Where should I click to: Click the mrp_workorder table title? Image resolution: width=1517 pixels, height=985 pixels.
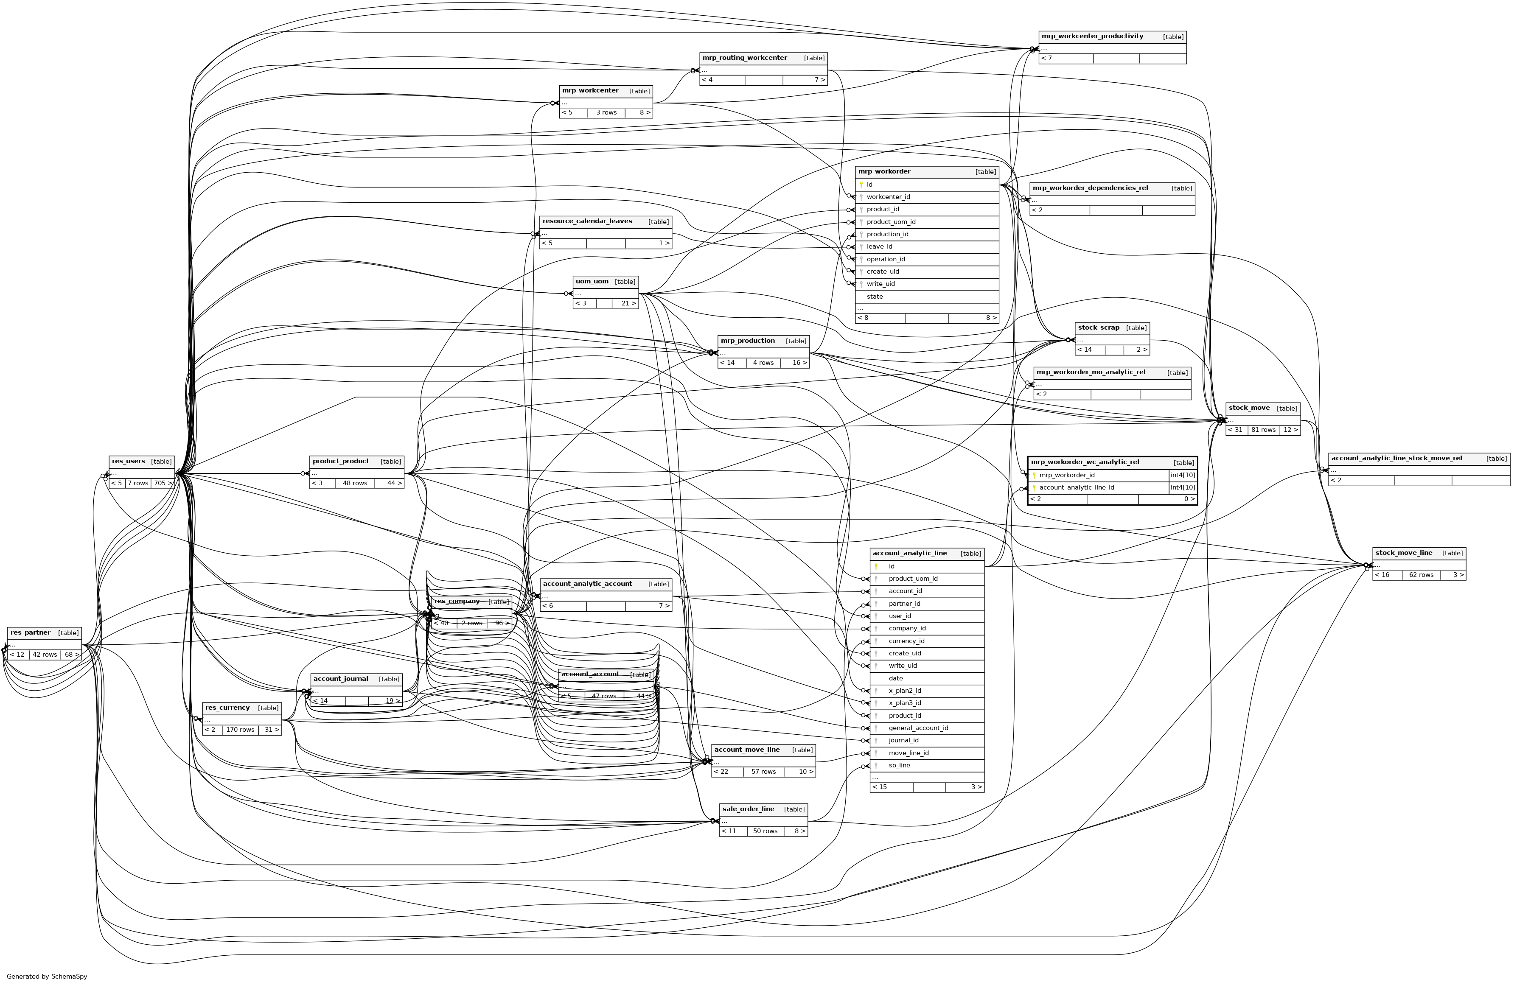(x=884, y=171)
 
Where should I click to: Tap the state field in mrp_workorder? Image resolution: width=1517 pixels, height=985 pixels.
(x=875, y=296)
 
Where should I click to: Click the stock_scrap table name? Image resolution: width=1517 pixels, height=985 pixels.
(x=1098, y=327)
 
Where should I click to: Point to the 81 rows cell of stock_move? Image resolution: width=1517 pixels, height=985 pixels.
(x=1263, y=430)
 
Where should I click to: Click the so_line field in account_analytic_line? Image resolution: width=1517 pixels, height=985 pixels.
(x=899, y=765)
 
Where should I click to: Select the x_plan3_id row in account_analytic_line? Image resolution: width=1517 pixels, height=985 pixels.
(x=904, y=703)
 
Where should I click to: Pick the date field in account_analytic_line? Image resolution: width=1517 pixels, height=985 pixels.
(x=895, y=678)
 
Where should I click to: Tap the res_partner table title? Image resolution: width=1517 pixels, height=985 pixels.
(x=31, y=632)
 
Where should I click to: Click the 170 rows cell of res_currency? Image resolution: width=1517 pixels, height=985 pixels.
(x=240, y=730)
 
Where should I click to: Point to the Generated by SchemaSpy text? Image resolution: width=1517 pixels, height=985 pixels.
(x=47, y=976)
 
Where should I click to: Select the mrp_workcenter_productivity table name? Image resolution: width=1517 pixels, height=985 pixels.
(x=1092, y=36)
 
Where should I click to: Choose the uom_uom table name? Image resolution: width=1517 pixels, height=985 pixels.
(x=592, y=282)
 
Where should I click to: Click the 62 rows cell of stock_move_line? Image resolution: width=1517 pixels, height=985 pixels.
(x=1421, y=575)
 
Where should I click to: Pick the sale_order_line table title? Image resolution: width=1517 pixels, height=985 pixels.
(x=748, y=809)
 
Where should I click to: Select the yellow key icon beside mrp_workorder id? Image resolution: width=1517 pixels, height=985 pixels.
(x=861, y=185)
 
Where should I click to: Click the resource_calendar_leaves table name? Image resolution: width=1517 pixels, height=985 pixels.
(x=587, y=221)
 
